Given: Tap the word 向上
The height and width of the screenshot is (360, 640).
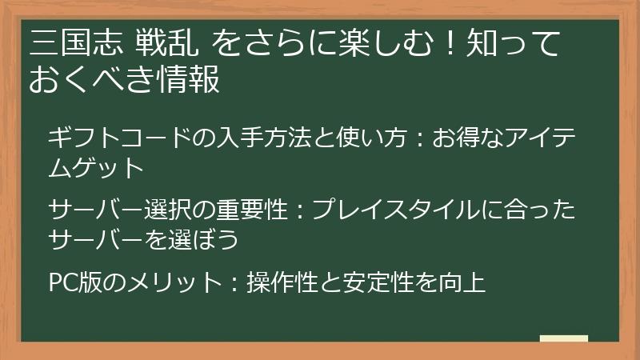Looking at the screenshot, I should tap(466, 282).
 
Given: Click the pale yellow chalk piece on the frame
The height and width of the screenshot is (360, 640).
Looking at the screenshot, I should tap(564, 338).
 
